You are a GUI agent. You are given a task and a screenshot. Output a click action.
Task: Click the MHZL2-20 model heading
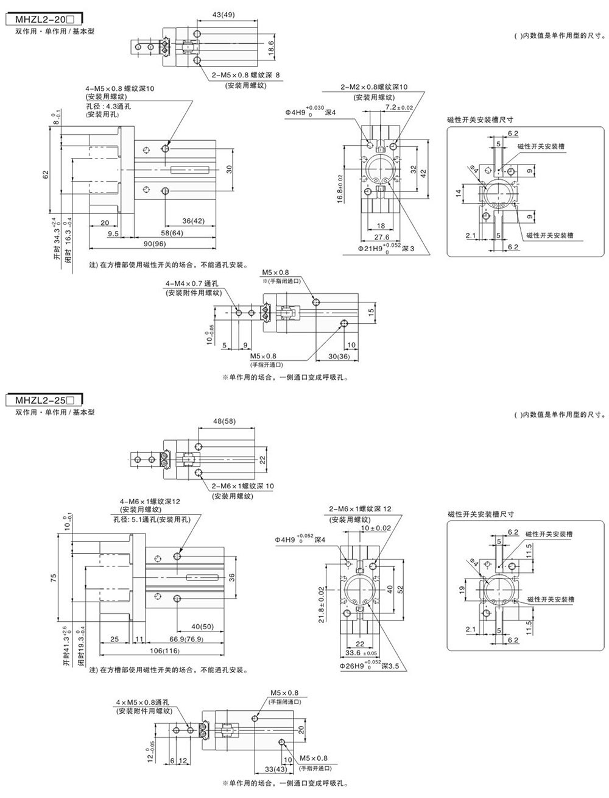(43, 20)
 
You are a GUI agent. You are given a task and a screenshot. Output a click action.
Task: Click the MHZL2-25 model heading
(43, 401)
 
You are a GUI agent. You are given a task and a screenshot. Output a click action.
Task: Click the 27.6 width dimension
(381, 237)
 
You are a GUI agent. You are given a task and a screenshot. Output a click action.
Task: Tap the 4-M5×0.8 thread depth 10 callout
(121, 89)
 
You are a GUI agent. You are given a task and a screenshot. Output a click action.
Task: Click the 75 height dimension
(54, 577)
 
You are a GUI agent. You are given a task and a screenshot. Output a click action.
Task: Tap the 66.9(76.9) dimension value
(185, 639)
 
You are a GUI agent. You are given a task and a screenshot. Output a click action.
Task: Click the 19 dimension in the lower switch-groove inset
(462, 590)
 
